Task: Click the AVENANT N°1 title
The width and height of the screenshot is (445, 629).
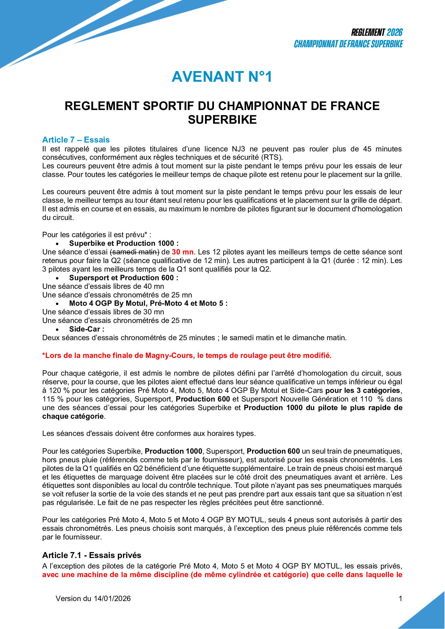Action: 222,77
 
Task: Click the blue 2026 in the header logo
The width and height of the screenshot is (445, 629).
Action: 395,33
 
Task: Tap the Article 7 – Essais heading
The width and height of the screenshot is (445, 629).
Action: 76,140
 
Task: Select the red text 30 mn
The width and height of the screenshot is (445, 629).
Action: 182,252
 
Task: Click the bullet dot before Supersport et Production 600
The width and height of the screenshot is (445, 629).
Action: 57,278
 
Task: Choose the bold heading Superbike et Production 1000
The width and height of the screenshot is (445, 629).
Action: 123,244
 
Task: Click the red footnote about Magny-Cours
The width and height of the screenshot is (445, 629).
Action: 187,356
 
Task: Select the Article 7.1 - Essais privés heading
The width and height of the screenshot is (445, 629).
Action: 91,555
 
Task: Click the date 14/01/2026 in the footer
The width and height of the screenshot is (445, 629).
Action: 112,599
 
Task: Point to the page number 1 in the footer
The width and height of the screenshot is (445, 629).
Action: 400,599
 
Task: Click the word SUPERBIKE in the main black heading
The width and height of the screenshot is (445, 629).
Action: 222,120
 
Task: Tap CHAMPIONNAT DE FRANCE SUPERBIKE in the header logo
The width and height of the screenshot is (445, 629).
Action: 348,44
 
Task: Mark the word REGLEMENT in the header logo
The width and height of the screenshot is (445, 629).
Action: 368,33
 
